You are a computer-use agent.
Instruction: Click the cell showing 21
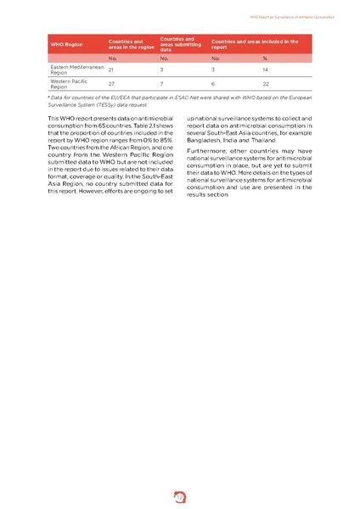(112, 70)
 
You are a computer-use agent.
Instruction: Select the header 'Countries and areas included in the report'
(255, 44)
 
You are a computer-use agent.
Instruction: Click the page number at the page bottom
(180, 492)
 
